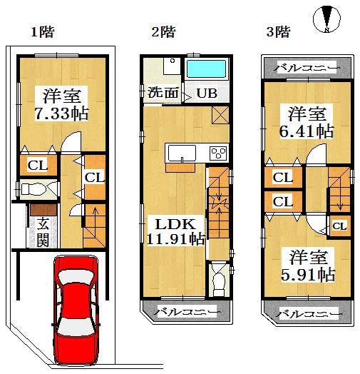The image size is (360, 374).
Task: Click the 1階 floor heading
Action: pos(42,31)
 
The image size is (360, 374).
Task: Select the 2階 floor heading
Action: pos(163,31)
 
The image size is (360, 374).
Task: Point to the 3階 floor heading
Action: pos(277,31)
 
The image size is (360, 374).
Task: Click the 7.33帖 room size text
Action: pos(62,113)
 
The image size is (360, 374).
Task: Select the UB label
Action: pos(207,93)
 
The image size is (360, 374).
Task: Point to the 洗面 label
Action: pos(163,93)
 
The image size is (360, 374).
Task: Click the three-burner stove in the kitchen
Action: pos(217,153)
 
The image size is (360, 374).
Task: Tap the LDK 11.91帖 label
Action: pos(175,230)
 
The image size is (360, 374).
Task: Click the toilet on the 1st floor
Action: pos(33,189)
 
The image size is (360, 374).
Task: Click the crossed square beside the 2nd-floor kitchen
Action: pos(220,114)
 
